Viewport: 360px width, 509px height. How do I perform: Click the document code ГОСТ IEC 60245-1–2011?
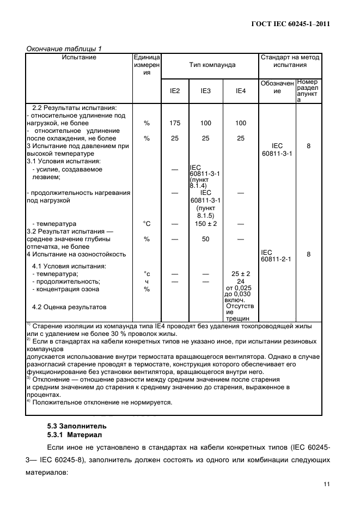coord(291,23)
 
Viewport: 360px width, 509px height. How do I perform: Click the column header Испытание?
coord(79,57)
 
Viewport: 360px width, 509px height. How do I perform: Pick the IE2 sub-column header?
coord(175,91)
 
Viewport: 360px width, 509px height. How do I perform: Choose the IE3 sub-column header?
coord(205,91)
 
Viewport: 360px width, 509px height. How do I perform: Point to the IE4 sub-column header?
coord(240,91)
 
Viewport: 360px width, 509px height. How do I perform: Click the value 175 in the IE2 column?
coord(175,123)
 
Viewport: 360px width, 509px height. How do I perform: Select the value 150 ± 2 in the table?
coord(205,224)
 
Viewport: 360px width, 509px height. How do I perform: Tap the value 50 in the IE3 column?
coord(205,238)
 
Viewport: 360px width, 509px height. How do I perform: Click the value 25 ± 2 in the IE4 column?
coord(240,274)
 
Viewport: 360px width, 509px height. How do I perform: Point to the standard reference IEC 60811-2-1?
coord(277,256)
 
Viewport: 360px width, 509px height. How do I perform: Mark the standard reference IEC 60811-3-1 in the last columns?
coord(277,150)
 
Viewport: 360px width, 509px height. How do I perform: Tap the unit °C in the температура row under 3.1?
coord(147,224)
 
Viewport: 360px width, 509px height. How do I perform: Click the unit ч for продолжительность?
coord(147,281)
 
